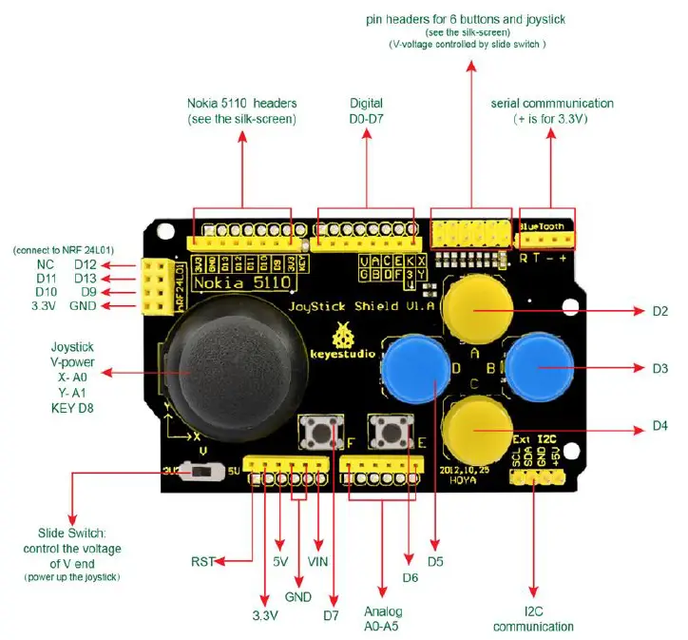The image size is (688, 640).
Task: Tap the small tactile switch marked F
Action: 319,433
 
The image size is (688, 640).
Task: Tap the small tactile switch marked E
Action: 389,433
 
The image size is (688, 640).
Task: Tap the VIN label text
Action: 317,562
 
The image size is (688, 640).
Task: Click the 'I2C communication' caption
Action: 533,619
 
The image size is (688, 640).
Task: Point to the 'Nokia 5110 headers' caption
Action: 241,111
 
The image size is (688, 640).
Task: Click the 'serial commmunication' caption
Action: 551,103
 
